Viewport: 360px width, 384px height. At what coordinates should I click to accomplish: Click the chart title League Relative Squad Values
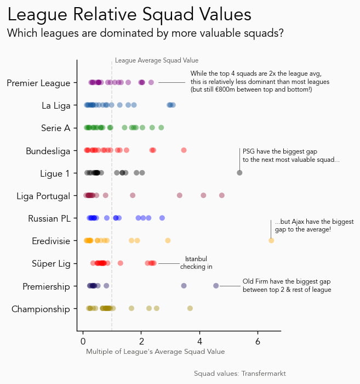(129, 15)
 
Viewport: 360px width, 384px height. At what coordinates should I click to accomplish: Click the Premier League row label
(38, 83)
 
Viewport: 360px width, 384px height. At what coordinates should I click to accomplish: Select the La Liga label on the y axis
(56, 105)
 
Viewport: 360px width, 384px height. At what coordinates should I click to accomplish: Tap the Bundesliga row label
(48, 151)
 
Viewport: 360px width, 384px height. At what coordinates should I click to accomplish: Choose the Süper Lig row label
(52, 264)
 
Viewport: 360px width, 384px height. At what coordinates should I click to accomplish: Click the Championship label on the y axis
(41, 309)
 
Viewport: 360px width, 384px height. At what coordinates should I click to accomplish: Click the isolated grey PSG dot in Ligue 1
(239, 173)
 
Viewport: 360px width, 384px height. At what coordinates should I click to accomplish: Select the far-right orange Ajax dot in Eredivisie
(271, 241)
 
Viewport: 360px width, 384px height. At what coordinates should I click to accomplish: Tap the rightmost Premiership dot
(216, 286)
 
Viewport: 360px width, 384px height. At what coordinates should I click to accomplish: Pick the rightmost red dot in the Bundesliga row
(184, 150)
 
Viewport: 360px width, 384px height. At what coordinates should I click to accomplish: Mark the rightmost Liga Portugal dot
(222, 195)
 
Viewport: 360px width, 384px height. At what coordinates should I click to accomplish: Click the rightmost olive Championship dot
(190, 308)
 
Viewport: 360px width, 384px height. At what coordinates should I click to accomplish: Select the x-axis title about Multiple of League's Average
(155, 351)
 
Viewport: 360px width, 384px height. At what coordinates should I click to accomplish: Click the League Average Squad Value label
(157, 60)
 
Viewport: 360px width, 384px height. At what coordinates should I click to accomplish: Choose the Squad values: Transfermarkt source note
(240, 374)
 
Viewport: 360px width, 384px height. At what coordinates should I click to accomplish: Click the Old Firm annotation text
(287, 285)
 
